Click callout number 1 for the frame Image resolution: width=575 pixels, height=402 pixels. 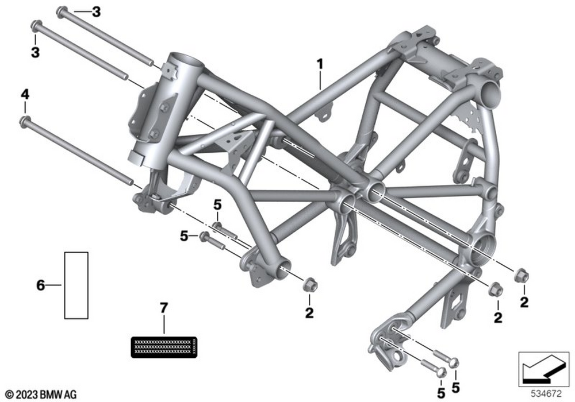tap(320, 64)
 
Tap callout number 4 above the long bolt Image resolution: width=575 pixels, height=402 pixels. tap(25, 95)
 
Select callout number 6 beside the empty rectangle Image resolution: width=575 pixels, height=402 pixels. tap(40, 285)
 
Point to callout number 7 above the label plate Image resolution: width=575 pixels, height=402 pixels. tap(163, 308)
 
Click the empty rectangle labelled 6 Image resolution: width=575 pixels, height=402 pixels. tap(76, 285)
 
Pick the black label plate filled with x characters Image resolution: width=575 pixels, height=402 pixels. tap(164, 347)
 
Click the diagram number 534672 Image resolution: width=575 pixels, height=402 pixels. tap(546, 394)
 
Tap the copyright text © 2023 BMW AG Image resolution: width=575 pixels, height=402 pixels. tap(41, 395)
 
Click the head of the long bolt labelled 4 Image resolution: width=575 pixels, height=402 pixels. tap(25, 121)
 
